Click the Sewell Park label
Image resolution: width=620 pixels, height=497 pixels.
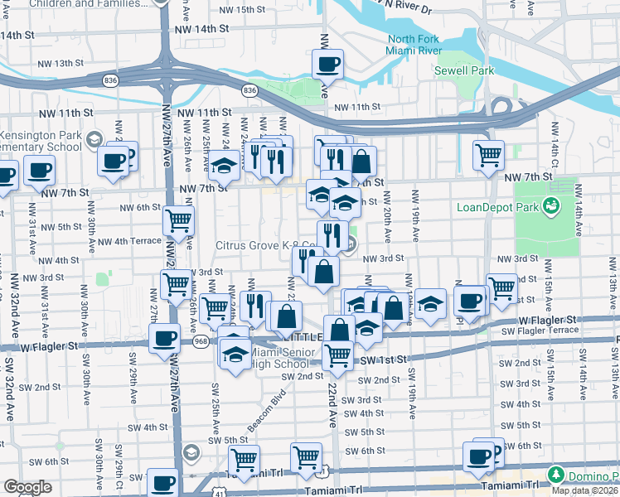(x=465, y=70)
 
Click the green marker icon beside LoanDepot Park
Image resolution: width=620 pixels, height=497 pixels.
(x=549, y=205)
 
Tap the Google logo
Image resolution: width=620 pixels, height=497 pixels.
(x=27, y=487)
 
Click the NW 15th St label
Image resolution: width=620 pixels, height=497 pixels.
(x=238, y=10)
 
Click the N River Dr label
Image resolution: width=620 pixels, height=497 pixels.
(x=406, y=7)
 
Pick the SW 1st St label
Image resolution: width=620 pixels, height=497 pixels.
(x=384, y=359)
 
